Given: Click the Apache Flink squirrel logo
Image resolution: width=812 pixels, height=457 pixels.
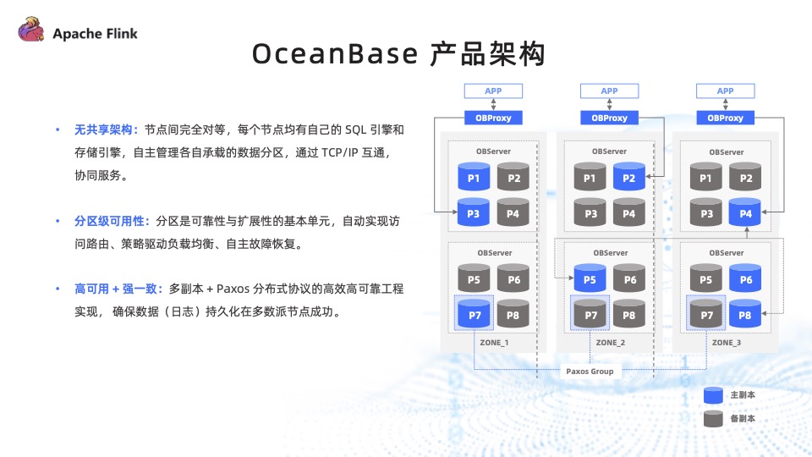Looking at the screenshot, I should click(30, 31).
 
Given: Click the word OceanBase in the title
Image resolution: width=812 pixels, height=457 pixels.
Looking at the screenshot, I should click(335, 54).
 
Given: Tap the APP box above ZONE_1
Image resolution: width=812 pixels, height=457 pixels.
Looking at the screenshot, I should click(493, 91).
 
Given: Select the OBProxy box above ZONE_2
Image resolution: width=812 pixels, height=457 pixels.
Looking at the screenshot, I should click(609, 118).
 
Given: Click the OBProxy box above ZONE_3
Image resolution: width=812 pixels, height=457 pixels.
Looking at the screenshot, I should click(726, 118).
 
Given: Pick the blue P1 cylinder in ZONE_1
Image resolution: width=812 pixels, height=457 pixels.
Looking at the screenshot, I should click(474, 177).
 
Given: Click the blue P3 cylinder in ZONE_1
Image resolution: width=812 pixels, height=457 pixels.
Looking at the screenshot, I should click(474, 212).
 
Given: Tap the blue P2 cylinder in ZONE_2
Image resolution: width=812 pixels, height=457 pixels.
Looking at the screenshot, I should click(628, 177).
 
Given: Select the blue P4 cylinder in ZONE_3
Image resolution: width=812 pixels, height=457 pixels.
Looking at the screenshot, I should click(745, 212).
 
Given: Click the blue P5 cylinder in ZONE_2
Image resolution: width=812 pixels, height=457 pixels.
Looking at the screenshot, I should click(590, 278).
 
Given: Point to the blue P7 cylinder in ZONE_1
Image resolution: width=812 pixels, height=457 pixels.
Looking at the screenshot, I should click(474, 313).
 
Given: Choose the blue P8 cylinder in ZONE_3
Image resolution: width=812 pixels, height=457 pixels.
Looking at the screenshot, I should click(745, 313).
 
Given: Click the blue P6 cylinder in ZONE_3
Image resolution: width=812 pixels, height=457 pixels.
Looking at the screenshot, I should click(745, 278).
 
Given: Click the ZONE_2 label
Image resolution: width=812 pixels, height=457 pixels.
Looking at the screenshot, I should click(610, 343).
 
